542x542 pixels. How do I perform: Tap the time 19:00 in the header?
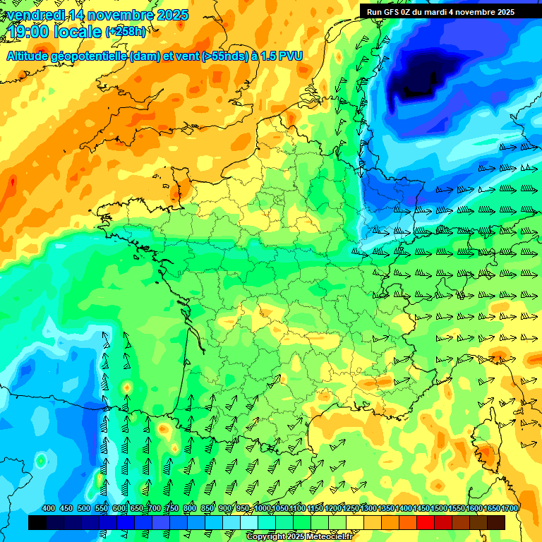[28, 31]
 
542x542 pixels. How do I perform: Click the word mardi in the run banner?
[439, 12]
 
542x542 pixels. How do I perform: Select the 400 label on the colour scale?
[49, 509]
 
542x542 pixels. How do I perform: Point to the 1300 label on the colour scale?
[368, 509]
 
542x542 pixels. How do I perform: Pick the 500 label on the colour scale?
[84, 509]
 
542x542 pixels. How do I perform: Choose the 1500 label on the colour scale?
[439, 509]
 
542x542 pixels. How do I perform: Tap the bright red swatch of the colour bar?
[426, 522]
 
